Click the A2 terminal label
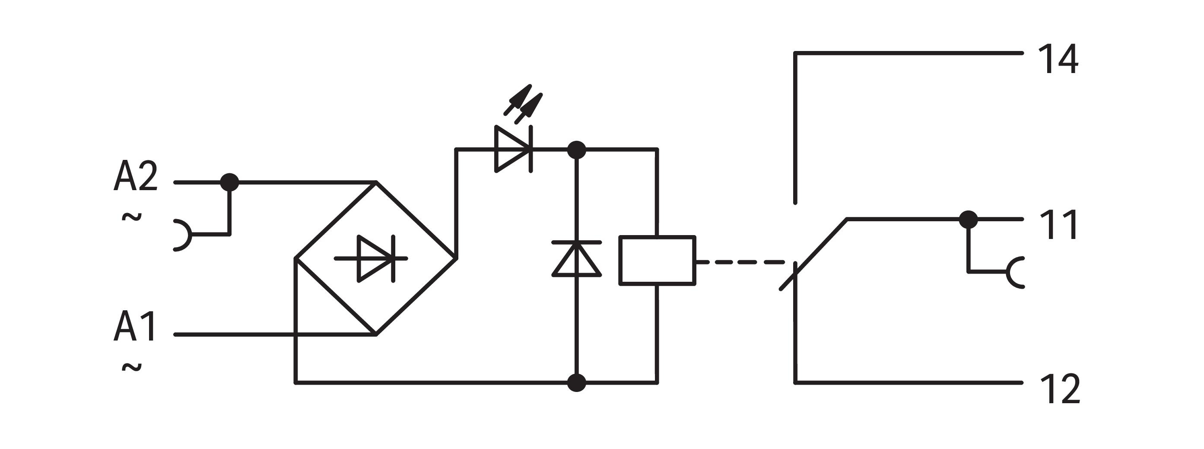tap(136, 176)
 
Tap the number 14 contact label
tap(1058, 59)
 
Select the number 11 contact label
tap(1058, 225)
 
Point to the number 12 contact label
tap(1060, 388)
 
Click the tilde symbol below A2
tap(132, 217)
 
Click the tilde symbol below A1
tap(132, 368)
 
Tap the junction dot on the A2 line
tap(229, 182)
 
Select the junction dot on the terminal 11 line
tap(969, 219)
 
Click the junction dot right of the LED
tap(576, 150)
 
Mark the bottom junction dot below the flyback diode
tap(576, 382)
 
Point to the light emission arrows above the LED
tap(524, 104)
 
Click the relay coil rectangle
tap(657, 261)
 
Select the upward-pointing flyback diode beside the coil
tap(576, 259)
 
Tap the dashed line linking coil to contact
tap(741, 262)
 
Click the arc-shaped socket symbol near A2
tap(184, 235)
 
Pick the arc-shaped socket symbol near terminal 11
tap(1015, 272)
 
